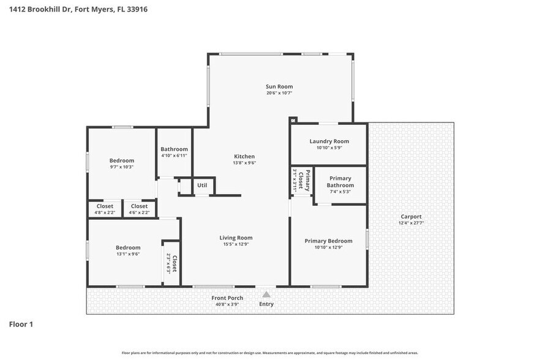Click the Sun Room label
point(279,86)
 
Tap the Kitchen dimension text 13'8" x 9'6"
point(244,163)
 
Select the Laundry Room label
point(329,141)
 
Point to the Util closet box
point(202,186)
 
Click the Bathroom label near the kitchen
point(174,149)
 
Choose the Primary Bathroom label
point(340,182)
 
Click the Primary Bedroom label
point(328,241)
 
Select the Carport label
point(411,217)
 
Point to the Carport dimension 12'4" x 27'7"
point(411,223)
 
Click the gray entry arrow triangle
point(266,294)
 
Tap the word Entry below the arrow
point(266,304)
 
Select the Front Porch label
point(227,298)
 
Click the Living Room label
point(236,238)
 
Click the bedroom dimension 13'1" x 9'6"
point(128,254)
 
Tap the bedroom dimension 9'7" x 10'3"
point(121,167)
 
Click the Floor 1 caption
point(21,324)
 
